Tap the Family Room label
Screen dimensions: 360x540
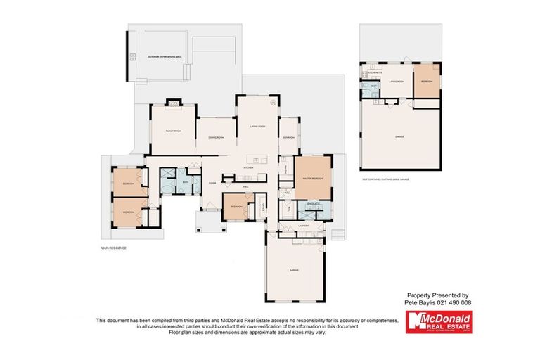(x=173, y=131)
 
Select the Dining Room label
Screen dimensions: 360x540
(x=216, y=137)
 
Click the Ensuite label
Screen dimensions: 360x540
(x=313, y=203)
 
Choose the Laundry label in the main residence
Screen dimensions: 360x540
(x=304, y=226)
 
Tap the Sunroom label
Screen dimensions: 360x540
(x=288, y=137)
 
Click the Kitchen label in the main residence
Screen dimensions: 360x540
(x=247, y=168)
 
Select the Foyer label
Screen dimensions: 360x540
(x=210, y=181)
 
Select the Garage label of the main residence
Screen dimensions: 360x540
(x=296, y=269)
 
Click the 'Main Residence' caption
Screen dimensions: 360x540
(x=113, y=248)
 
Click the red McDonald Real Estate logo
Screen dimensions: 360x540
(x=437, y=322)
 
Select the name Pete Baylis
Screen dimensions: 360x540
(x=421, y=302)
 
